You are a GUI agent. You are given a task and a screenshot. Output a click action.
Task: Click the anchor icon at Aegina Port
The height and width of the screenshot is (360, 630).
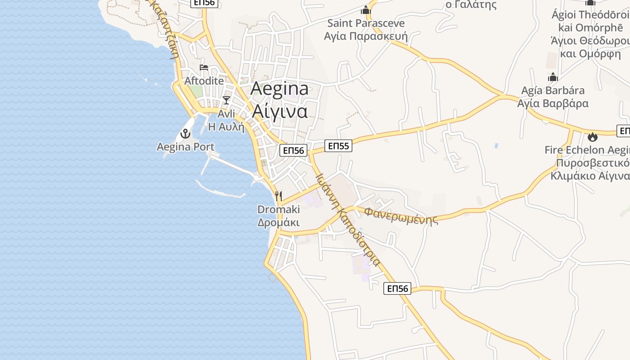coord(185,133)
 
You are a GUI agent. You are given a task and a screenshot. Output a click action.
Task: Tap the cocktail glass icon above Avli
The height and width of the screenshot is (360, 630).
coord(226,100)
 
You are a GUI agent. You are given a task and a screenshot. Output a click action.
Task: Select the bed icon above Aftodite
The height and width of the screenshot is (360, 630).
coord(204,68)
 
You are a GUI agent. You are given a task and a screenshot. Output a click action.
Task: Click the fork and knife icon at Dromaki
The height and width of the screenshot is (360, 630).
coord(279,196)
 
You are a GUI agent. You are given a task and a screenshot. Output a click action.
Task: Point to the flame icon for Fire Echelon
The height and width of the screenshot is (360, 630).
coord(592,136)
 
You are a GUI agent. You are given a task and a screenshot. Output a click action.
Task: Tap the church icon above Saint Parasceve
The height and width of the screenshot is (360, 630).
coord(365,10)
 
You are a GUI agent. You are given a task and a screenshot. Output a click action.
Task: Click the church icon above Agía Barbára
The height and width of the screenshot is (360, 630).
coord(553,77)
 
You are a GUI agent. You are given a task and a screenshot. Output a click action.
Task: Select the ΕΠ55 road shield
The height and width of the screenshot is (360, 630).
coord(338,146)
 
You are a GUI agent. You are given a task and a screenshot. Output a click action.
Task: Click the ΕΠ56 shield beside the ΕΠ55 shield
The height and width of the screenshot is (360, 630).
coord(293,150)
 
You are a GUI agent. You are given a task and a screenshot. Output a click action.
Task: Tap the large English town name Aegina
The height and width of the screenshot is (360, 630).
coord(279,88)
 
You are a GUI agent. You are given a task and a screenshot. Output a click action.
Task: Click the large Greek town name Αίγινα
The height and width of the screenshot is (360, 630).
coord(279,111)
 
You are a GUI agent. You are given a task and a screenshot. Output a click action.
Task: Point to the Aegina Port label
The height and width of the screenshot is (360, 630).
coord(185,147)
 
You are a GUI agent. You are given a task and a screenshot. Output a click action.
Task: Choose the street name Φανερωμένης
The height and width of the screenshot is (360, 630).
coord(401,216)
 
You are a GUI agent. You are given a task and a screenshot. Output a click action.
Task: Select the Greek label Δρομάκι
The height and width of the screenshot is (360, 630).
coord(279,222)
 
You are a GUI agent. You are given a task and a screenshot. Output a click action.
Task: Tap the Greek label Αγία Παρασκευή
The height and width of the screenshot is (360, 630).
coord(365,36)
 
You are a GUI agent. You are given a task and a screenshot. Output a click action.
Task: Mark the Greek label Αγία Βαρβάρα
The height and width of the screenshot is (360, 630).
coord(553,103)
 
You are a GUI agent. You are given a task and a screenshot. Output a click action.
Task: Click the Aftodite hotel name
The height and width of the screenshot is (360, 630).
coord(204,81)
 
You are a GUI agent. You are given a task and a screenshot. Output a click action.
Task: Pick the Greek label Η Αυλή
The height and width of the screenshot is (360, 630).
coord(226,127)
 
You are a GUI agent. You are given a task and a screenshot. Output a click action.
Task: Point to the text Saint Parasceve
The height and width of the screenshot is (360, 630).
coord(366,23)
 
